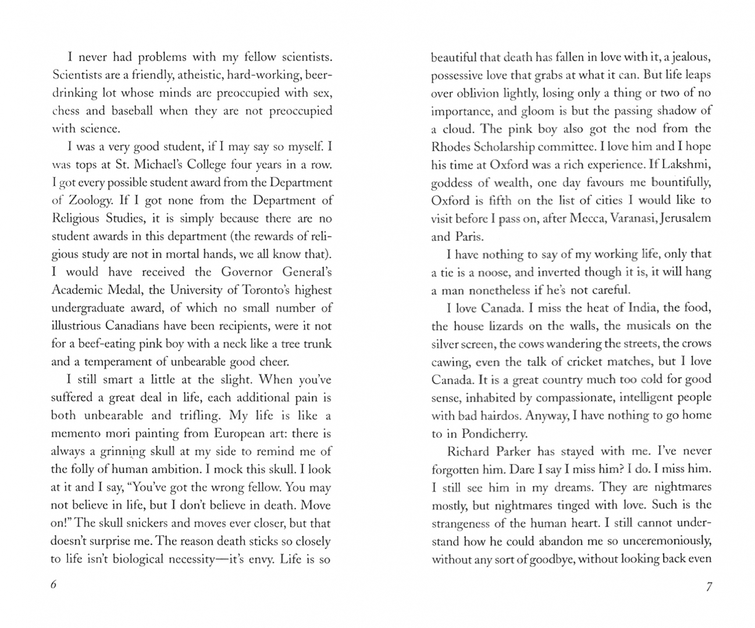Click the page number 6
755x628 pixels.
54,585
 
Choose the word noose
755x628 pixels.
494,272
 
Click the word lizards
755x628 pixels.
505,326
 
